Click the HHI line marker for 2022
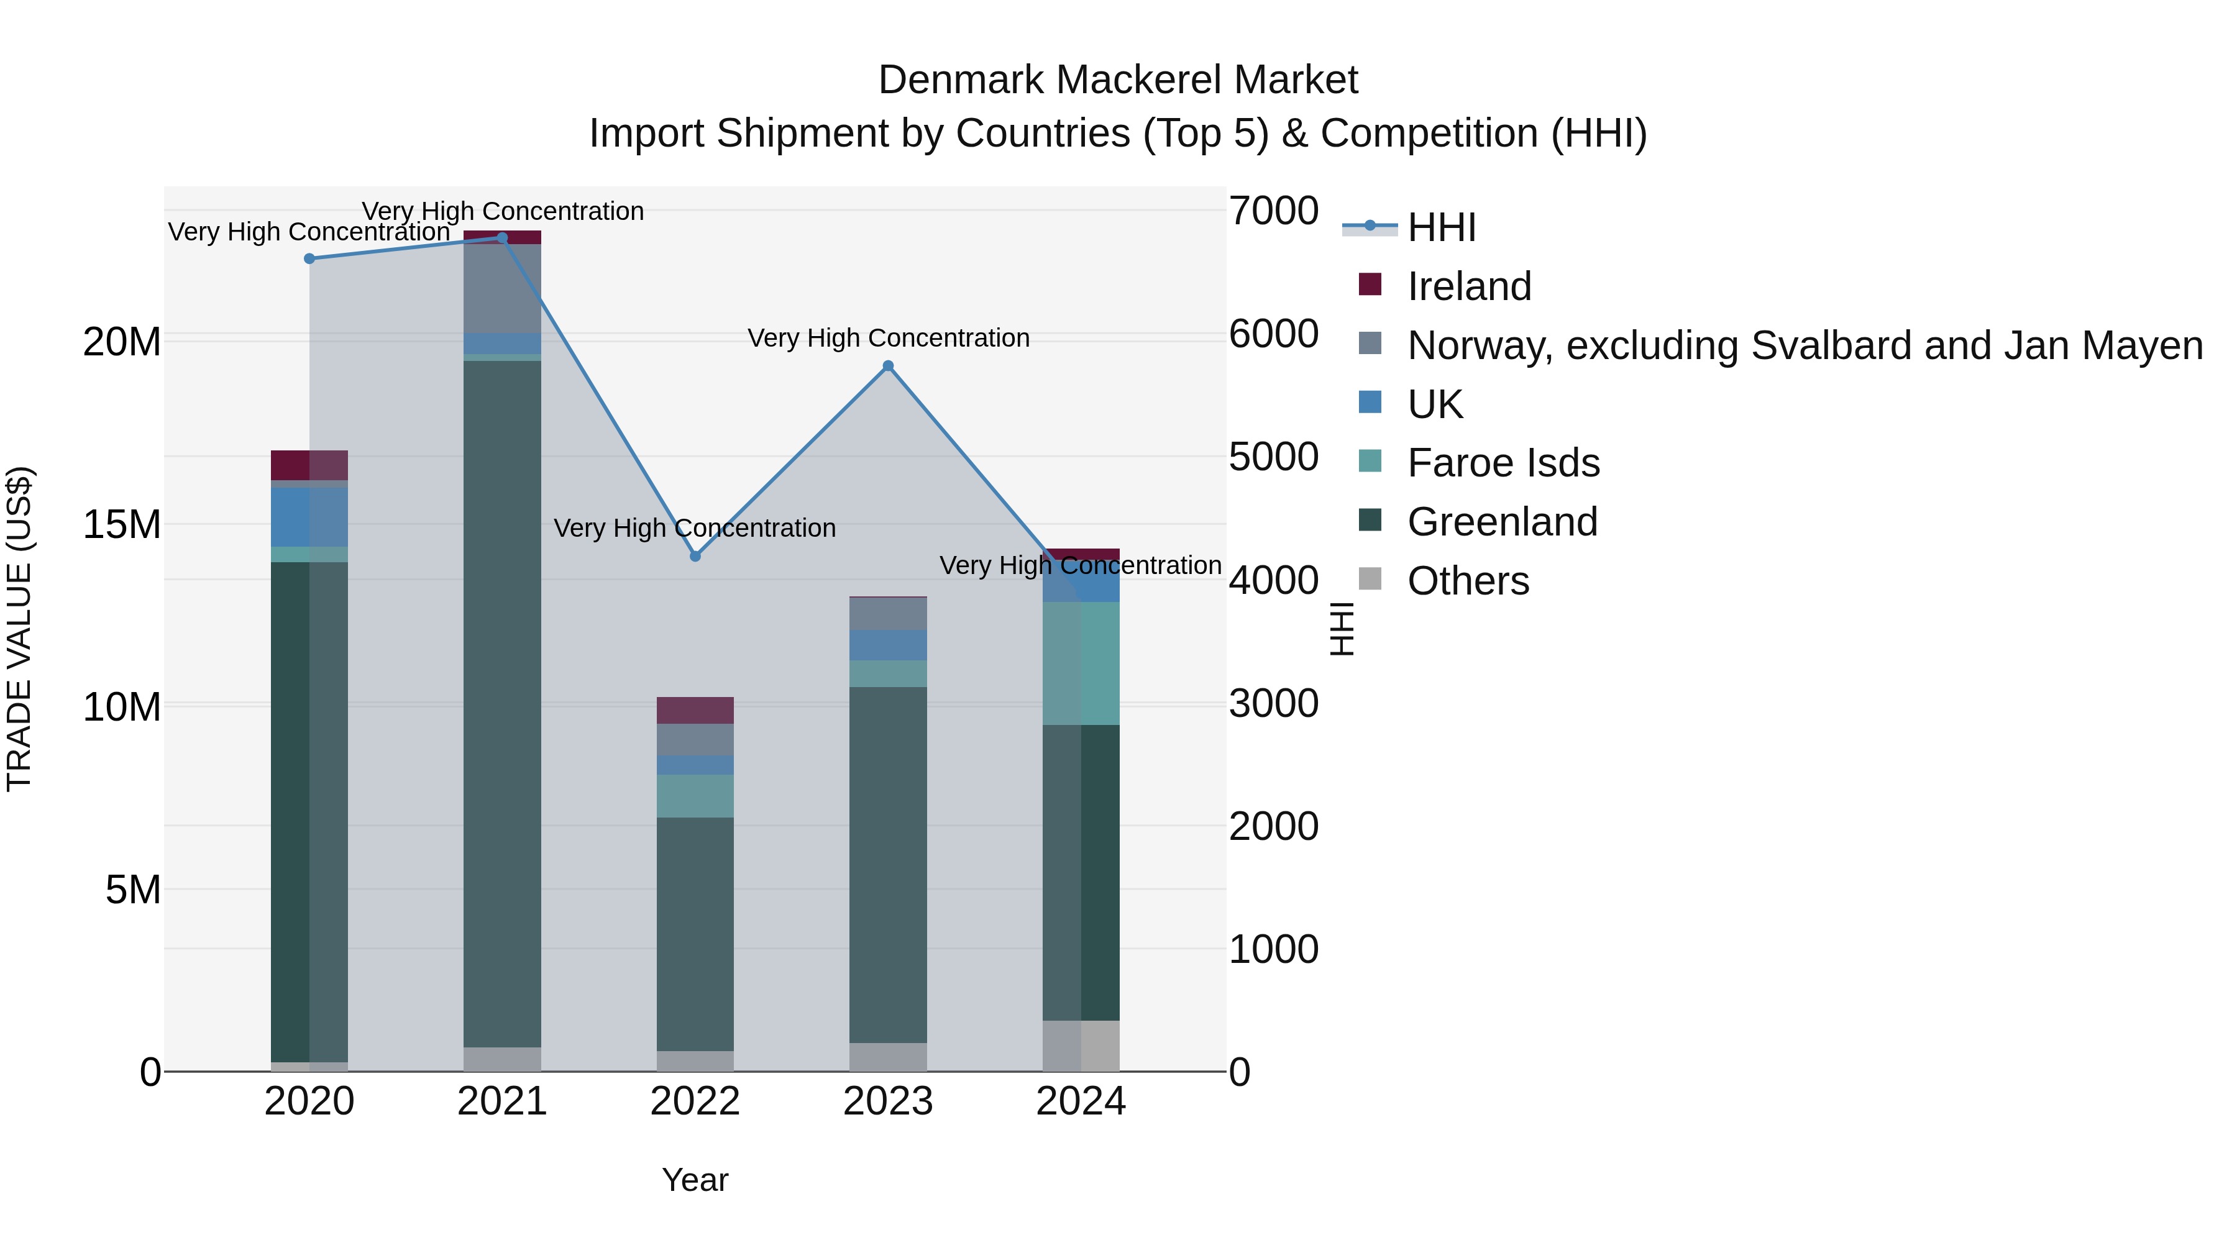(695, 555)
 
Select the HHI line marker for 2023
(887, 365)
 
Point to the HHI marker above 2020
(309, 258)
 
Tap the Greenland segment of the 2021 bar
(502, 703)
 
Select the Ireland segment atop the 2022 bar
(695, 709)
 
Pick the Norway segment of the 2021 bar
(502, 288)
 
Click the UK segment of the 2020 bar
(309, 517)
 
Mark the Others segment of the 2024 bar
(1081, 1046)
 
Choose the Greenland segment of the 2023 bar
(887, 864)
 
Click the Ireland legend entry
(1468, 286)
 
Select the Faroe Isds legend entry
(1503, 463)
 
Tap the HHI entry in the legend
(1442, 227)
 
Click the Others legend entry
(1468, 581)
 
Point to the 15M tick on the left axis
(122, 525)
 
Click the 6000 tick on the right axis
(1273, 334)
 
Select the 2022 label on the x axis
(695, 1101)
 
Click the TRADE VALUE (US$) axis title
(19, 629)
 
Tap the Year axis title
(695, 1180)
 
